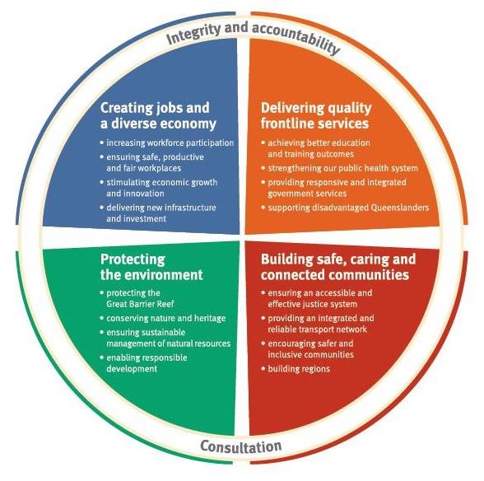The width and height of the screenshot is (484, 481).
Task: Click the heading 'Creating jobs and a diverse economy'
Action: (158, 116)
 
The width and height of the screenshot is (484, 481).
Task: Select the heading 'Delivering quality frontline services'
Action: (316, 116)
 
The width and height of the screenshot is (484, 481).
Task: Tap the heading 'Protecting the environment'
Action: (151, 267)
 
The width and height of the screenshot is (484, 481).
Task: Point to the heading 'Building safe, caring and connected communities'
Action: (338, 267)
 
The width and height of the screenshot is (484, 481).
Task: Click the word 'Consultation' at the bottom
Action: (240, 446)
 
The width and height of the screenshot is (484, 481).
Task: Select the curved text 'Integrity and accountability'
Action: (253, 35)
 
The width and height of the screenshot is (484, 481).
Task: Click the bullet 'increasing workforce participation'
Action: (167, 143)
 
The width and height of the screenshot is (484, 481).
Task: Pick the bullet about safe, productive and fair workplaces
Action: (151, 162)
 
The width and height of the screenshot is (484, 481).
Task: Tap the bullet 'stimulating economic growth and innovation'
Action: (159, 188)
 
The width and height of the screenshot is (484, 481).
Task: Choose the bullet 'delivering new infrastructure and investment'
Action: (158, 213)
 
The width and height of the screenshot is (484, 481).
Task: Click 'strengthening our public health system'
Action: (339, 168)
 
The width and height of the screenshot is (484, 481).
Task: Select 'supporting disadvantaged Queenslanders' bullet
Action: (345, 208)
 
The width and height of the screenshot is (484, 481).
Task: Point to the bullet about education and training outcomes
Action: (315, 148)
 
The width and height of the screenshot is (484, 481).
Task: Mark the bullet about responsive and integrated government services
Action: (333, 188)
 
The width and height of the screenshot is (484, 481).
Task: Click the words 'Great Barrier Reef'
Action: (140, 304)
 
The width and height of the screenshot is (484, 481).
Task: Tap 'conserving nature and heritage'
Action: (163, 318)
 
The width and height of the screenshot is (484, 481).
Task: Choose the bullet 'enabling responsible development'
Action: (143, 363)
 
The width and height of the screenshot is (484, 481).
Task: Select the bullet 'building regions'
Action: (296, 369)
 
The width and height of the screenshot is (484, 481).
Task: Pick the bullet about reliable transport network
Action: (318, 324)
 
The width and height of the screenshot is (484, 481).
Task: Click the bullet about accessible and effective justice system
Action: (317, 298)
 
